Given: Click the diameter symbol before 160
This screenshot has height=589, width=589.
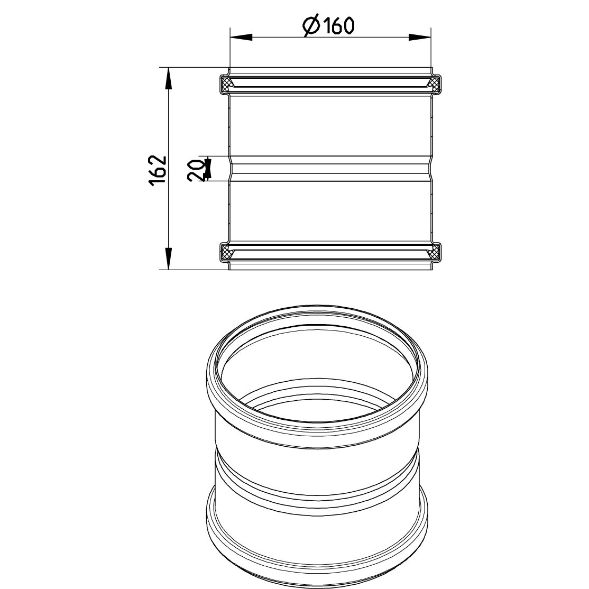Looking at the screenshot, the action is tap(311, 25).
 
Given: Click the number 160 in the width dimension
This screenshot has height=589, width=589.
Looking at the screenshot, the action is tap(338, 25).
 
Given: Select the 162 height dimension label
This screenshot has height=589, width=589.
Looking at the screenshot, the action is tap(158, 169).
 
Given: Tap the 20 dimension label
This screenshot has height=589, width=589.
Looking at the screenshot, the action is tap(196, 169).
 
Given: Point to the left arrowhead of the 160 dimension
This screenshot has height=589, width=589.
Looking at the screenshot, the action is tap(241, 37).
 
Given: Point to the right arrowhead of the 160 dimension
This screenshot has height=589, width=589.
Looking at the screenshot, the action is tap(420, 37).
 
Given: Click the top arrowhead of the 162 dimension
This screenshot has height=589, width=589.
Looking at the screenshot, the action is tap(169, 78).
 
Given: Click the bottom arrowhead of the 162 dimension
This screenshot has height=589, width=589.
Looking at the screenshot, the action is tap(169, 259).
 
